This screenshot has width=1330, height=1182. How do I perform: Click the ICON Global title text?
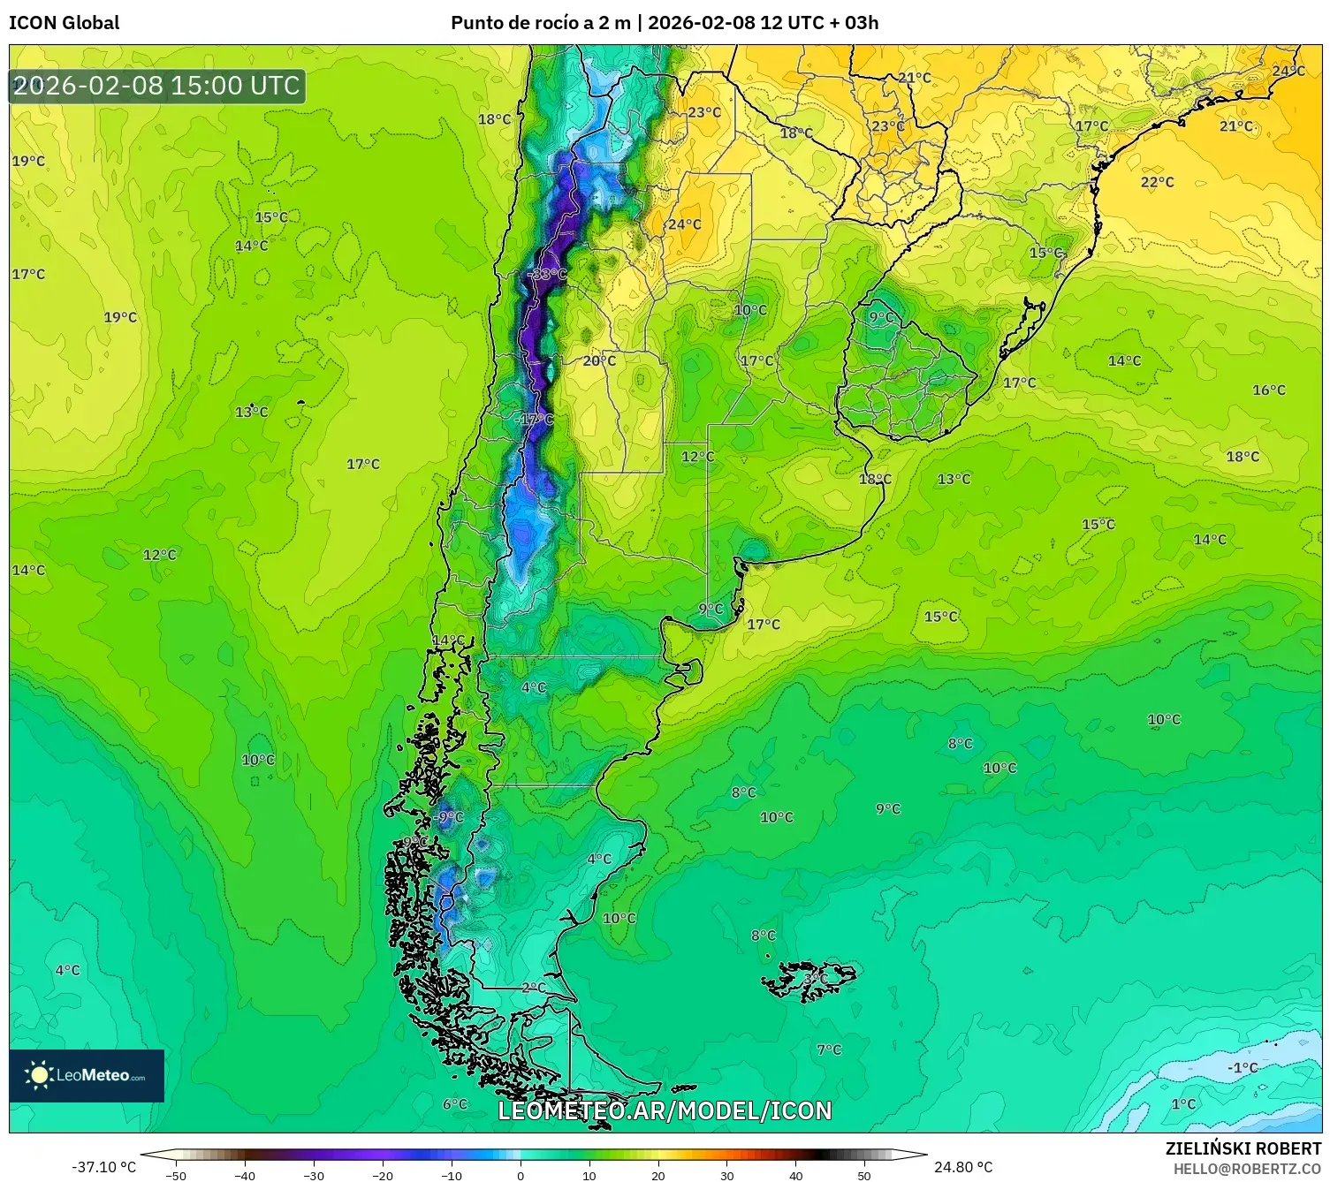point(64,23)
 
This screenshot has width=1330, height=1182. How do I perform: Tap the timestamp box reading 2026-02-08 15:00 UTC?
point(157,86)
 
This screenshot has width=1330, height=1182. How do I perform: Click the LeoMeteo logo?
point(87,1075)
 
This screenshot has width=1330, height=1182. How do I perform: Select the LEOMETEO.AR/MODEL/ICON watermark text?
point(665,1110)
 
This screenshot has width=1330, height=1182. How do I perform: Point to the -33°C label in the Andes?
point(547,275)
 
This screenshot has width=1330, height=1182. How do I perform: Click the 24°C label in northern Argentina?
point(684,224)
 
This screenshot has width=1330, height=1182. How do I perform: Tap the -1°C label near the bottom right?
point(1242,1067)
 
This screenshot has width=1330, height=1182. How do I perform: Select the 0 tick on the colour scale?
point(520,1175)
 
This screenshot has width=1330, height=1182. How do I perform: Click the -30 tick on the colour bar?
point(314,1175)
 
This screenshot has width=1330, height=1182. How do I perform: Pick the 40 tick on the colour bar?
point(795,1175)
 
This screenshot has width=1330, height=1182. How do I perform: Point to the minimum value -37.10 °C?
point(103,1167)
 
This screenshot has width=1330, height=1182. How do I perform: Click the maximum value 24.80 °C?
point(963,1167)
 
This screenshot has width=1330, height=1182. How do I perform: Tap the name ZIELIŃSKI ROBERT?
point(1243,1148)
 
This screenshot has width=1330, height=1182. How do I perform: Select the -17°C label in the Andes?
point(535,419)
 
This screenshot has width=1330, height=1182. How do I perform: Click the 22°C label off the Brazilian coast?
point(1157,182)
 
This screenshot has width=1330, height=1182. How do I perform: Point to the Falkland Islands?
point(811,980)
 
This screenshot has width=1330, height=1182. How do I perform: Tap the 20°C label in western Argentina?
point(599,360)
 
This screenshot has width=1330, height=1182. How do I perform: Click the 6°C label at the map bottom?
point(454,1103)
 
